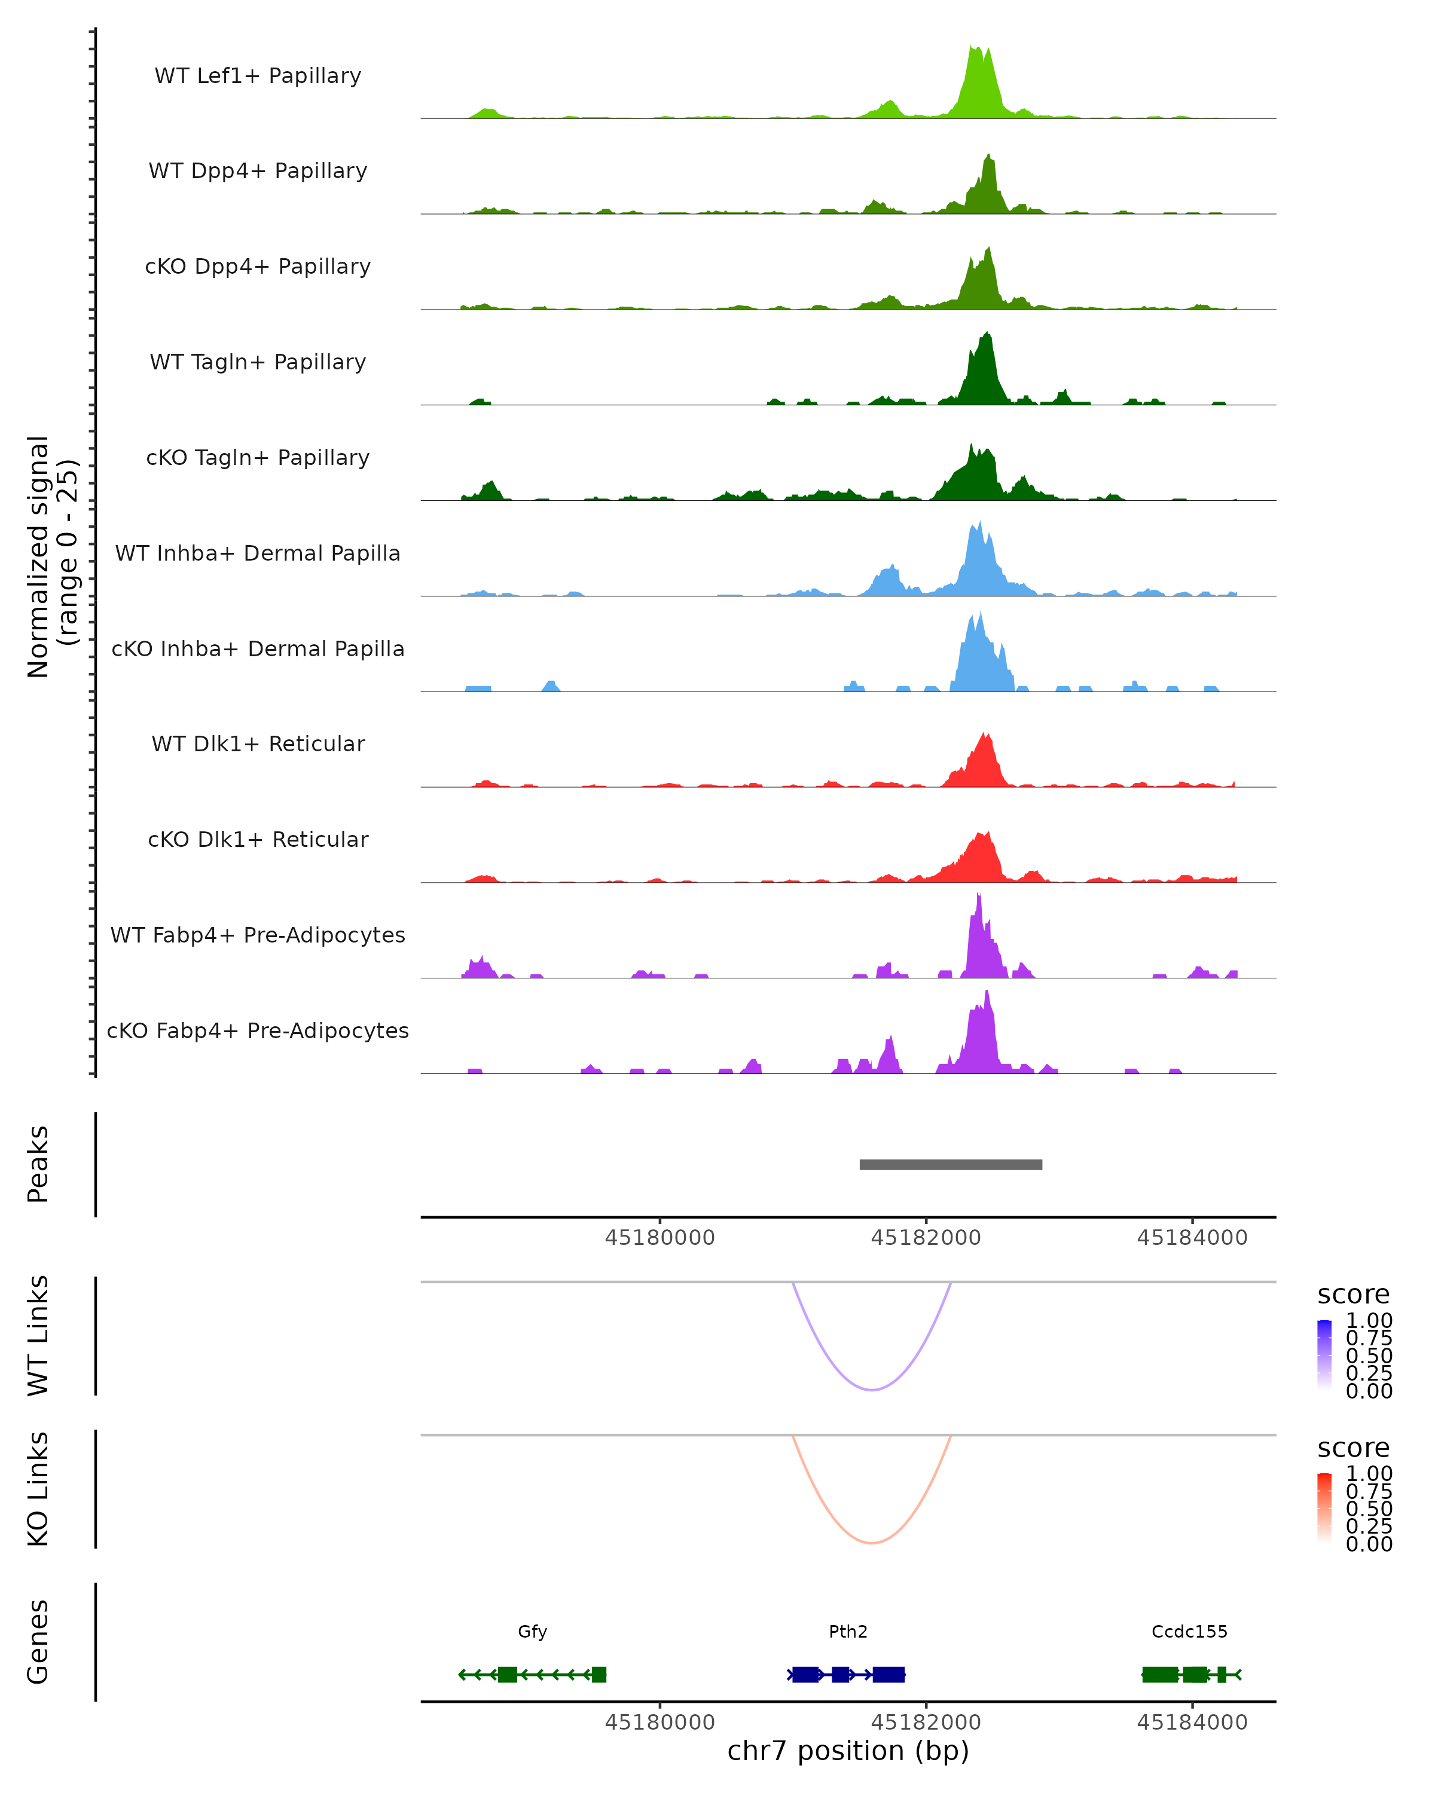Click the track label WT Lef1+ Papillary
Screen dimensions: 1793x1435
pyautogui.click(x=258, y=76)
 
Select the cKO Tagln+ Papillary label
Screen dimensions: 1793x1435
pyautogui.click(x=258, y=457)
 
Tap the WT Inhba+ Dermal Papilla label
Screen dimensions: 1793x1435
pyautogui.click(x=258, y=553)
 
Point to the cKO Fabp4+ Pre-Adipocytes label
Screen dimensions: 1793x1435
pyautogui.click(x=258, y=1030)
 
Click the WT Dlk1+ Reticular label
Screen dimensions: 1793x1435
pyautogui.click(x=258, y=743)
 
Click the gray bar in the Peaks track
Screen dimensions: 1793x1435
pyautogui.click(x=950, y=1164)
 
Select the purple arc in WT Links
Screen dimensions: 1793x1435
pyautogui.click(x=872, y=1390)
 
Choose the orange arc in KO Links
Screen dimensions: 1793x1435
pyautogui.click(x=872, y=1543)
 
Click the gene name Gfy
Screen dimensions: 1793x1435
pyautogui.click(x=532, y=1632)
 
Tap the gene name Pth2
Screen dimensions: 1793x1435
pyautogui.click(x=848, y=1632)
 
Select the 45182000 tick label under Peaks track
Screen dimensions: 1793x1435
pyautogui.click(x=926, y=1238)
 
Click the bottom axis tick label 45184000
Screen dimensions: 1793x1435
pyautogui.click(x=1192, y=1722)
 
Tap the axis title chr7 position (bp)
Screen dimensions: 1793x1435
pyautogui.click(x=848, y=1751)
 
